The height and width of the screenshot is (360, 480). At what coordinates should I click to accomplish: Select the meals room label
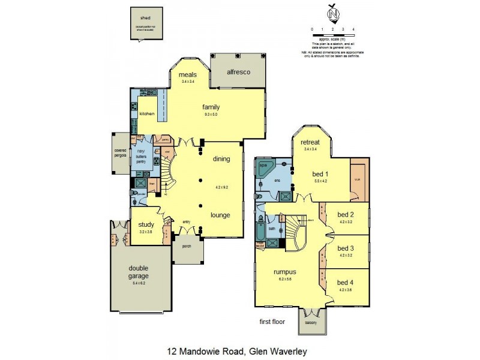(188, 75)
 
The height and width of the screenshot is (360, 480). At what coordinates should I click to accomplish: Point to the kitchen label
(147, 113)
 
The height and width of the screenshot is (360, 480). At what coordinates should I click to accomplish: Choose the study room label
(146, 225)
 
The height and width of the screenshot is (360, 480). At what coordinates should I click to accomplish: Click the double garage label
(138, 272)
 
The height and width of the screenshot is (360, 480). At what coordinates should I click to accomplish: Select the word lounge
(221, 214)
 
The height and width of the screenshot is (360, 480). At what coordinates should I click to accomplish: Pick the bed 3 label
(345, 248)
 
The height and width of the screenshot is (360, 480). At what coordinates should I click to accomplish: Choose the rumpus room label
(284, 272)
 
